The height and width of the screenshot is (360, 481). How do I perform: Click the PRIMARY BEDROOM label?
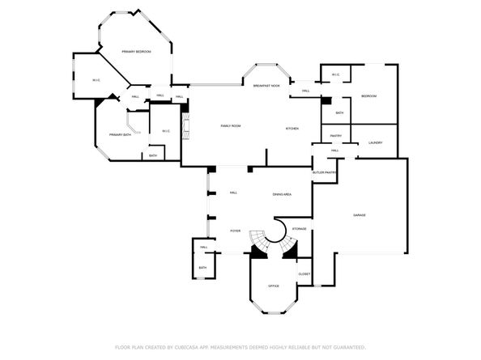pos(136,52)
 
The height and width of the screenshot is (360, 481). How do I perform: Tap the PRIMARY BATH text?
pos(121,134)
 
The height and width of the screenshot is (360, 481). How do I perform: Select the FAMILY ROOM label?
pos(232,127)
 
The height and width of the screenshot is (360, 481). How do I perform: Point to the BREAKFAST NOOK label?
pos(266,86)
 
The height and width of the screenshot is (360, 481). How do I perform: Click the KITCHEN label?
pos(292,129)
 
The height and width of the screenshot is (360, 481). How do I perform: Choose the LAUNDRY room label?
pos(375,143)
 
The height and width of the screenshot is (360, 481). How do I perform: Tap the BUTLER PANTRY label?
pos(324,172)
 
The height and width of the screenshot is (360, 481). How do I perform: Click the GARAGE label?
pos(360,214)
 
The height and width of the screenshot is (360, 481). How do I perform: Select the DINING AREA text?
pos(282,195)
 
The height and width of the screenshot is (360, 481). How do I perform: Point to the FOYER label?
pos(235,231)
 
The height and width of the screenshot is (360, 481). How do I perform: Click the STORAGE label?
pos(299,230)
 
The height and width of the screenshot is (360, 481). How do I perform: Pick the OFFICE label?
pos(274,286)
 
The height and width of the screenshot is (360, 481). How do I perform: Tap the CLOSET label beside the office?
pos(304,273)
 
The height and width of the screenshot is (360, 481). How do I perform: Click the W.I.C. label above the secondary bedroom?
pos(335,76)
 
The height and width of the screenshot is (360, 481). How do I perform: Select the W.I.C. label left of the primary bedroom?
pos(96,80)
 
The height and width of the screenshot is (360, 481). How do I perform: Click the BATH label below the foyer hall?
pos(202,268)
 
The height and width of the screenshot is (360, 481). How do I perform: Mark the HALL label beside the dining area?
pos(233,193)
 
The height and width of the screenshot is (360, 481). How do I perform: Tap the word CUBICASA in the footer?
pos(182,346)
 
